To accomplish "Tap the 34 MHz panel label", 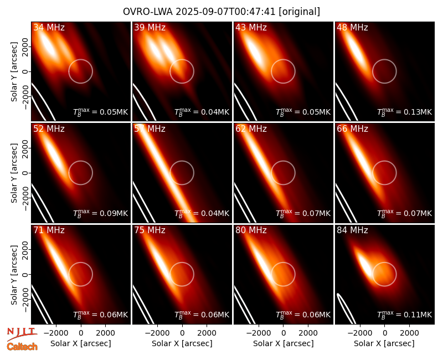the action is tap(49, 27).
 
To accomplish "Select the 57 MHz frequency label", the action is tap(150, 129).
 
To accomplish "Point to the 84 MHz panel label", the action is tap(352, 230).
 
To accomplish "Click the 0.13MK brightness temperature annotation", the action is tap(405, 112).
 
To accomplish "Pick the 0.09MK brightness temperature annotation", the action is tap(101, 213).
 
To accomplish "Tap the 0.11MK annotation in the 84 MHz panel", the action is tap(405, 315).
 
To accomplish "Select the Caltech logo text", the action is tap(22, 347).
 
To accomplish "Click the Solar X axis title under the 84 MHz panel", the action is tap(384, 343).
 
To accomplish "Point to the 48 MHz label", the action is tap(352, 27).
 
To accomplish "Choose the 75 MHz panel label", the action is tap(150, 230).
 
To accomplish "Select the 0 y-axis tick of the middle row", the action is tap(26, 173).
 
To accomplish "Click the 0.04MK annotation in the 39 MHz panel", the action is tap(202, 112).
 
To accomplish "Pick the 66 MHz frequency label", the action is tap(352, 129).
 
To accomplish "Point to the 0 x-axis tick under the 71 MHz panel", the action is tap(81, 333).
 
